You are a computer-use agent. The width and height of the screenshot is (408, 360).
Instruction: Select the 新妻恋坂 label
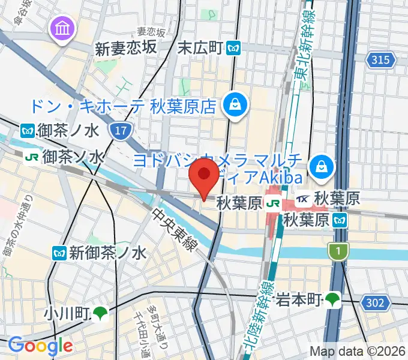(x=126, y=49)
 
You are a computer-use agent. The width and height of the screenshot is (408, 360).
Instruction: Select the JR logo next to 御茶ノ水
(x=31, y=157)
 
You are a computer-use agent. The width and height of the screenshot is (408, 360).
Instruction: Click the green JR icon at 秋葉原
(x=272, y=204)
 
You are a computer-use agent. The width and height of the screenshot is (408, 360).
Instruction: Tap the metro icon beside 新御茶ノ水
(x=59, y=253)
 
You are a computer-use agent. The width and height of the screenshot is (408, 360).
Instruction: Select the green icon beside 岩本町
(x=333, y=298)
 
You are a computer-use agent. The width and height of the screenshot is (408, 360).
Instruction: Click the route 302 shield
(x=374, y=303)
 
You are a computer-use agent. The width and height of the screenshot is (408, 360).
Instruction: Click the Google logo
(x=40, y=346)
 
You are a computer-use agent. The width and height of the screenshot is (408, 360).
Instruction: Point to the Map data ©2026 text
(x=357, y=352)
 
